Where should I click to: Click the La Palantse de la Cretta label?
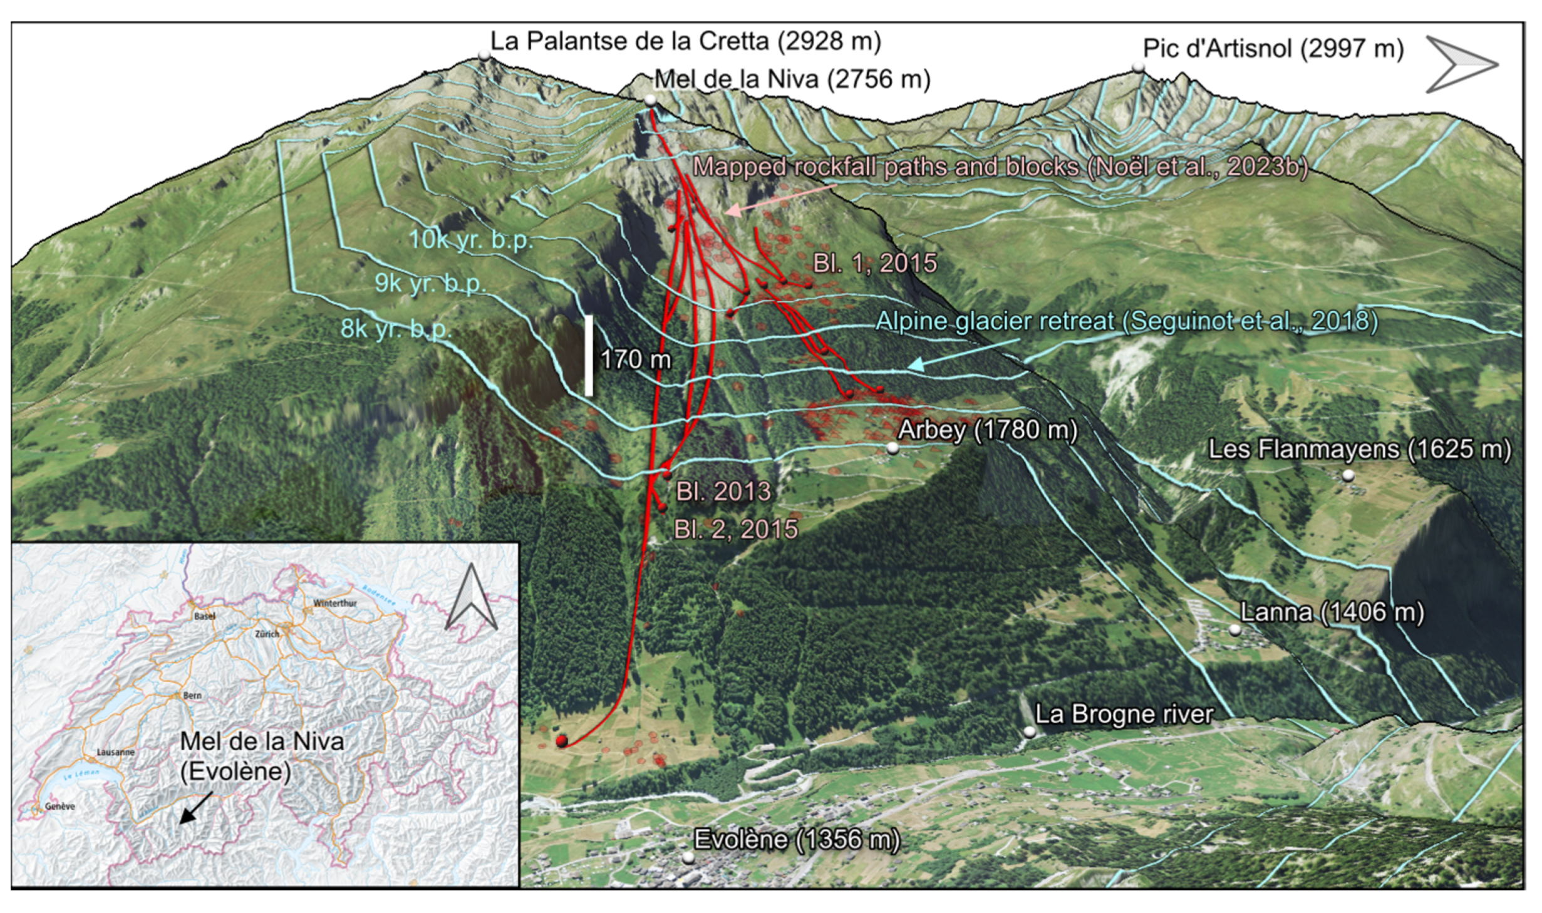pyautogui.click(x=685, y=41)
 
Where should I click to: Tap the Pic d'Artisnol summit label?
pyautogui.click(x=1273, y=48)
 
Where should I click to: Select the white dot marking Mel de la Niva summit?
pyautogui.click(x=651, y=101)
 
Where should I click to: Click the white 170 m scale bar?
pyautogui.click(x=589, y=356)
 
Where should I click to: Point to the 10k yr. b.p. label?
pyautogui.click(x=471, y=239)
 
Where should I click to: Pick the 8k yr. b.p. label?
pyautogui.click(x=396, y=329)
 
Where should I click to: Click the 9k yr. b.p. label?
pyautogui.click(x=431, y=284)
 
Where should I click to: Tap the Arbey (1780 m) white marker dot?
pyautogui.click(x=893, y=448)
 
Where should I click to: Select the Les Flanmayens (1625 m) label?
pyautogui.click(x=1359, y=449)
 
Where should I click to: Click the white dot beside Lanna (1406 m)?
pyautogui.click(x=1234, y=630)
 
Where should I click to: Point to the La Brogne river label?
pyautogui.click(x=1124, y=714)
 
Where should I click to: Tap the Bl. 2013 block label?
pyautogui.click(x=723, y=492)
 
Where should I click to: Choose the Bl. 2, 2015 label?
pyautogui.click(x=736, y=529)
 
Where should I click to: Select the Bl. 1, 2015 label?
pyautogui.click(x=875, y=263)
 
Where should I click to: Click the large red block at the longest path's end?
pyautogui.click(x=562, y=741)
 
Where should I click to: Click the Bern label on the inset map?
pyautogui.click(x=192, y=696)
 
